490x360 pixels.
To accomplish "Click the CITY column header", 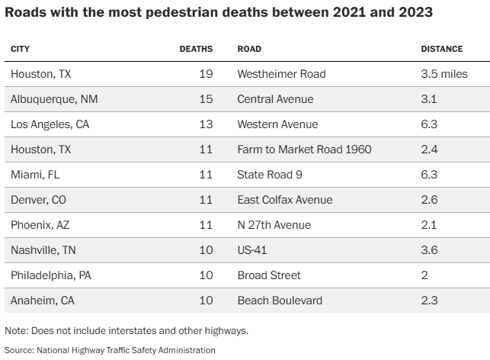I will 20,49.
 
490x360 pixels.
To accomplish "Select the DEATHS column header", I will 196,49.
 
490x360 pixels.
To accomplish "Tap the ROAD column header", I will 249,49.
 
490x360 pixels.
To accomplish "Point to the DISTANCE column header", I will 442,49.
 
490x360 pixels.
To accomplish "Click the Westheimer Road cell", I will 281,74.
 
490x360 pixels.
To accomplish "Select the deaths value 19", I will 205,74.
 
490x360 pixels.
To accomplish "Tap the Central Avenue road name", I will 275,99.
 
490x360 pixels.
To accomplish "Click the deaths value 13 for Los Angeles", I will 205,124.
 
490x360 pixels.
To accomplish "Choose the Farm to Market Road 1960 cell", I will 304,149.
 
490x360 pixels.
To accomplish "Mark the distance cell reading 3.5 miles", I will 444,74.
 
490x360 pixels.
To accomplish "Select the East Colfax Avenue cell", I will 285,200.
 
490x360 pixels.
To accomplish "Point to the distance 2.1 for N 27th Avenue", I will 429,225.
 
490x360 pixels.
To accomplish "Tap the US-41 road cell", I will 252,250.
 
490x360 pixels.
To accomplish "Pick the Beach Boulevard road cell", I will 280,301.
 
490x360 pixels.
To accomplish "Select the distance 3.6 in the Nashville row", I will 430,250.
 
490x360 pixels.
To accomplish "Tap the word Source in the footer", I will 18,350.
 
